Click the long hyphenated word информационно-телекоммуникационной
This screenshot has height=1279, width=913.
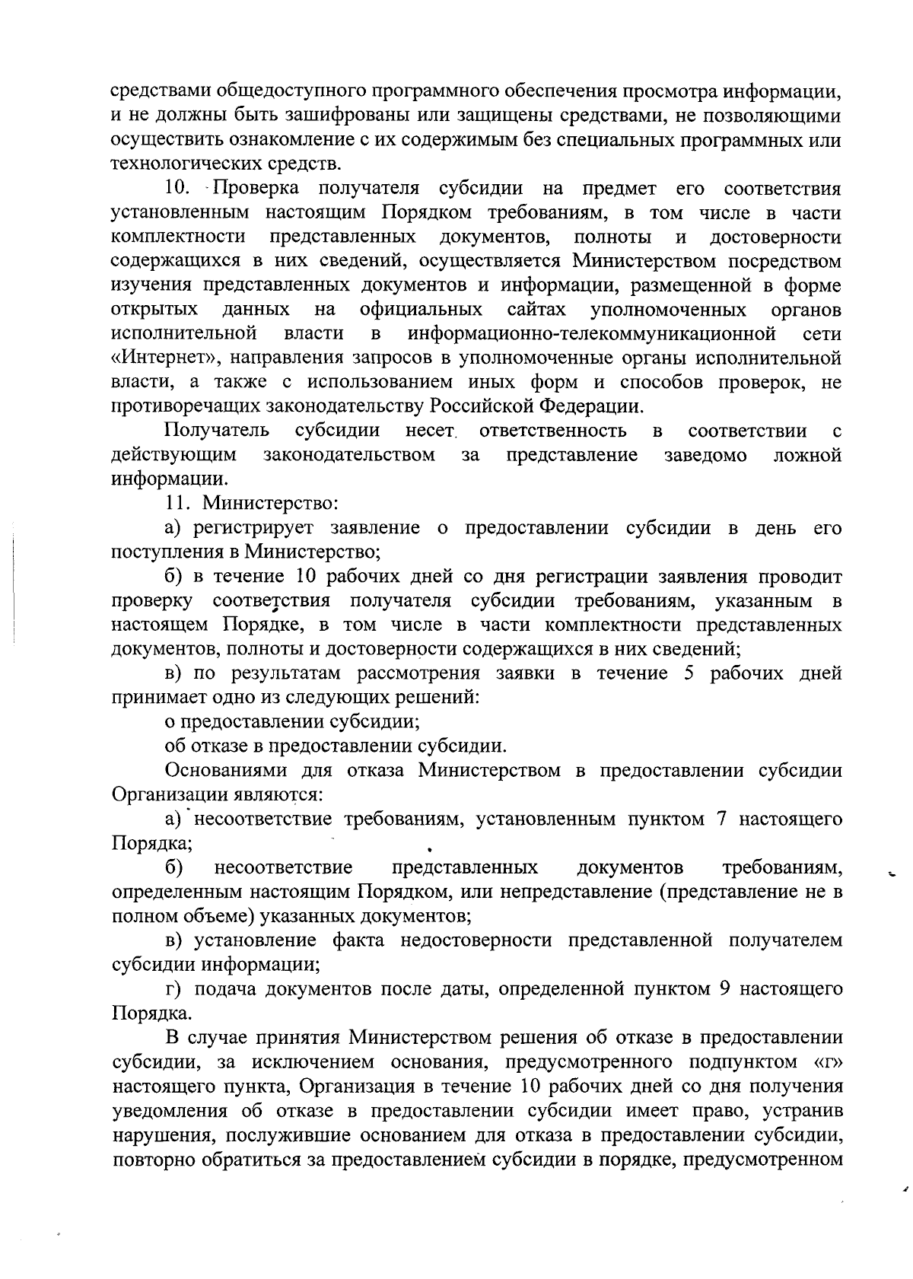(592, 333)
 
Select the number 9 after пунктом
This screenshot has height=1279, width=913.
(725, 989)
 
